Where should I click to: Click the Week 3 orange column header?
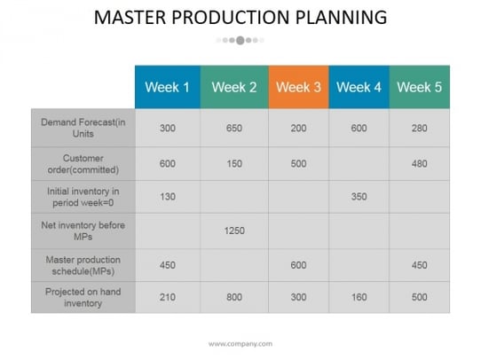click(x=298, y=87)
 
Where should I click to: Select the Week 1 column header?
click(x=168, y=87)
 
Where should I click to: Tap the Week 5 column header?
click(x=420, y=87)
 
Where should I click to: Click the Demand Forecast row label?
click(x=83, y=128)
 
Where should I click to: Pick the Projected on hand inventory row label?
click(x=83, y=297)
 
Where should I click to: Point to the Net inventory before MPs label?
click(x=83, y=231)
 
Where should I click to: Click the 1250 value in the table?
click(x=234, y=231)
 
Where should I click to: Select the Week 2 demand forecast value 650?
click(x=234, y=128)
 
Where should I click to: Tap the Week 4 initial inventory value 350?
click(x=359, y=196)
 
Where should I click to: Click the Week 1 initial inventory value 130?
click(x=168, y=196)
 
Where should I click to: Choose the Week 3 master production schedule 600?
click(x=298, y=265)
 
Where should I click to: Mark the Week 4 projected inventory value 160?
click(x=359, y=297)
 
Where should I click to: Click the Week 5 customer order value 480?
click(x=420, y=164)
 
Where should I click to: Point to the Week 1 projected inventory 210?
click(x=168, y=297)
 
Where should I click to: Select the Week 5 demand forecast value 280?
click(x=420, y=128)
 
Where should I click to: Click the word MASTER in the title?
click(x=130, y=17)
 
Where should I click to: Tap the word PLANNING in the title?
click(x=341, y=17)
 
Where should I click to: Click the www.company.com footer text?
click(x=240, y=344)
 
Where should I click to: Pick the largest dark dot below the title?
click(x=240, y=40)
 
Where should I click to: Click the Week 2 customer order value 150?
click(x=234, y=164)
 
